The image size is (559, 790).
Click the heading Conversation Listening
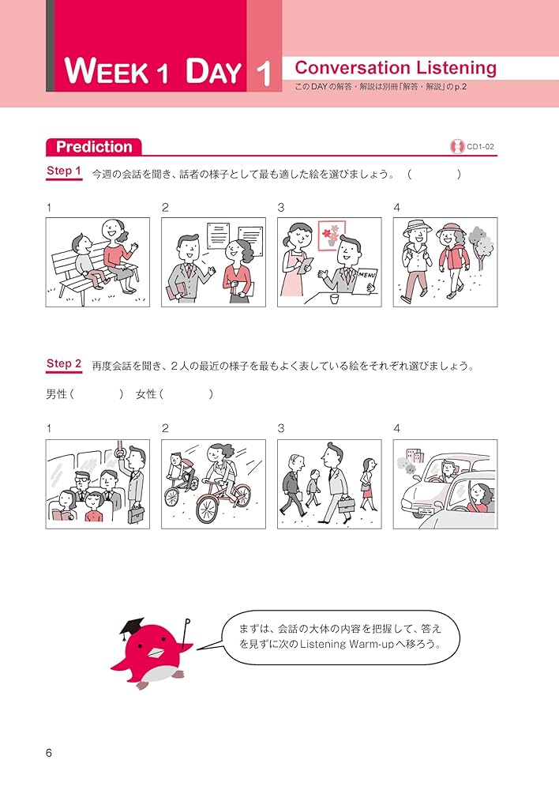[x=395, y=68]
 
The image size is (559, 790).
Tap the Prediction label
[x=94, y=146]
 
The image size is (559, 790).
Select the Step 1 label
[x=64, y=171]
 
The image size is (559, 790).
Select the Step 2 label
[x=64, y=364]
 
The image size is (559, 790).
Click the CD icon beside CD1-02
[x=456, y=146]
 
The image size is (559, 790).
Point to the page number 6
[x=49, y=753]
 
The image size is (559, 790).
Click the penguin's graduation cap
[x=133, y=628]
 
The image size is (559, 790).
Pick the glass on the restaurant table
[x=334, y=299]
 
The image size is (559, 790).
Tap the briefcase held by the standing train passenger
[x=135, y=513]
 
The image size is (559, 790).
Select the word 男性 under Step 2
[x=57, y=394]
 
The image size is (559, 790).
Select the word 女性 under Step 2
[x=148, y=394]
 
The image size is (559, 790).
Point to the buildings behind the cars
[x=415, y=460]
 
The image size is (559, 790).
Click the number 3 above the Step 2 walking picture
[x=280, y=428]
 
